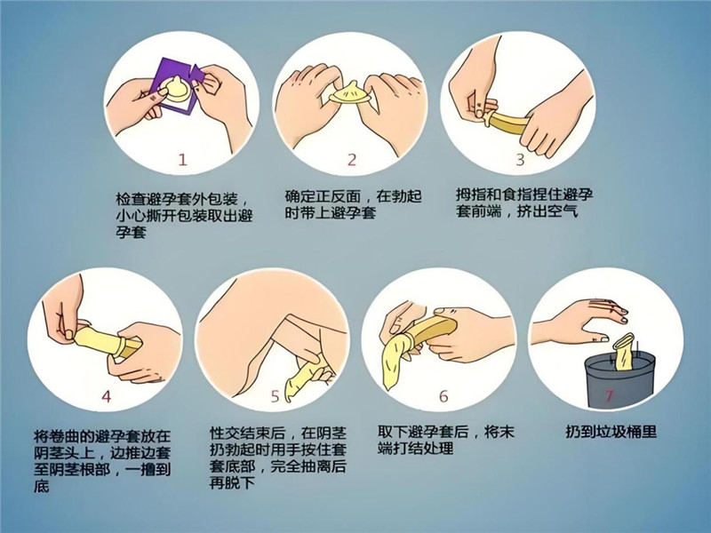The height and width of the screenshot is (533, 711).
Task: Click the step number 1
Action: point(182,160)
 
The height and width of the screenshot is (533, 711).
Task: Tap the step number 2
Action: point(352,160)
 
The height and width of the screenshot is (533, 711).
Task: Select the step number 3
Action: point(520,159)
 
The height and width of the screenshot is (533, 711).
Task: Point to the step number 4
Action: point(106,396)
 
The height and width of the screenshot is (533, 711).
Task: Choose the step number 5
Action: point(275,396)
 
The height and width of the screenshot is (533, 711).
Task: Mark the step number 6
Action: point(443,396)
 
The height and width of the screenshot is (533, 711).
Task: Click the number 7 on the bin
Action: point(609,394)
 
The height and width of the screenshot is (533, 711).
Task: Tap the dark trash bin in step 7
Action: point(619,381)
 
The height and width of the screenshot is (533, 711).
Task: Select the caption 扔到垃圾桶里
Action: point(611,431)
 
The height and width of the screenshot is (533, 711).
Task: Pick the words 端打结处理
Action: point(416,449)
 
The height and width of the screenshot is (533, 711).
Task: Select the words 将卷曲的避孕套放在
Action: point(102,436)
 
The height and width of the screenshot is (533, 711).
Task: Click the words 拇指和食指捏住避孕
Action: point(524,195)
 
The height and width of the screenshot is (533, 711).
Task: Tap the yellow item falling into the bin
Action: point(623,351)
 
